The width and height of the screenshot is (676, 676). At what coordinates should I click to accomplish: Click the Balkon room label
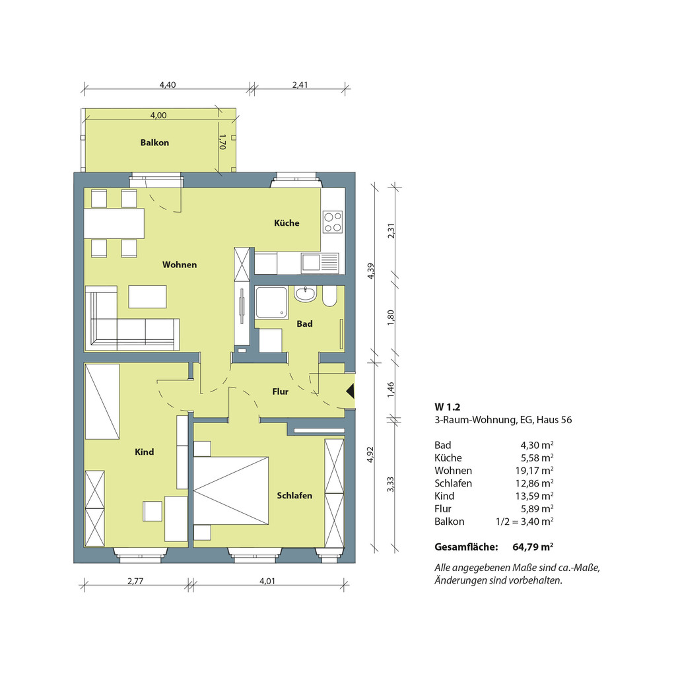click(x=154, y=143)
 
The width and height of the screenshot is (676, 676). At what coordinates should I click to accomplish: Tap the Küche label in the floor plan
click(x=287, y=223)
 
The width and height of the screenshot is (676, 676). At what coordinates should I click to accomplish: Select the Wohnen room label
click(x=180, y=265)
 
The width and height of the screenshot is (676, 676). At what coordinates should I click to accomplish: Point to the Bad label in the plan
click(x=304, y=323)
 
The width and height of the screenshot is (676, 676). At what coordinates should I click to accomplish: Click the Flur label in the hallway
click(x=280, y=391)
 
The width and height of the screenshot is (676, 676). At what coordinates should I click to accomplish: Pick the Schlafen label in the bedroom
click(x=294, y=496)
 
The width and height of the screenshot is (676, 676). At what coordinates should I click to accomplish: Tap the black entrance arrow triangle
click(x=351, y=391)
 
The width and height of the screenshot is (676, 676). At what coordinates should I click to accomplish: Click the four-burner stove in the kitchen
click(x=333, y=222)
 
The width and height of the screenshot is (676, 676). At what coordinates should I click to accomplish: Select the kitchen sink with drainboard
click(x=320, y=262)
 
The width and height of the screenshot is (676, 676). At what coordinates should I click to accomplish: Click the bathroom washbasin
click(x=305, y=294)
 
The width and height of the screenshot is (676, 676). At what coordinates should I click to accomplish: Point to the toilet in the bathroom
click(x=330, y=296)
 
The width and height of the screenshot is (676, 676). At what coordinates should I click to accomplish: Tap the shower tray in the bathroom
click(x=271, y=303)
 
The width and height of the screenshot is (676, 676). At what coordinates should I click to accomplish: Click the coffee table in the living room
click(x=147, y=296)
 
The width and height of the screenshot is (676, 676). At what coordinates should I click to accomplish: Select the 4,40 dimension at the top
click(x=168, y=85)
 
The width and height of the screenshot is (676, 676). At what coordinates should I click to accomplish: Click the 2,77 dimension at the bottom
click(x=135, y=581)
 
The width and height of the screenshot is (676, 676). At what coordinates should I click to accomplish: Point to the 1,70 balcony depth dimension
click(x=222, y=142)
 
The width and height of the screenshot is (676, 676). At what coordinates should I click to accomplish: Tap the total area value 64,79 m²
click(x=533, y=547)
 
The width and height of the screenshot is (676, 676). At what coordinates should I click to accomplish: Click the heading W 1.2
click(x=448, y=407)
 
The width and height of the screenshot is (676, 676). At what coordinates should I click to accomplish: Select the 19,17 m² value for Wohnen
click(x=534, y=470)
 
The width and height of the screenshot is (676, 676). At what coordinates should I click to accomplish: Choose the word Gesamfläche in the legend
click(x=466, y=547)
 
